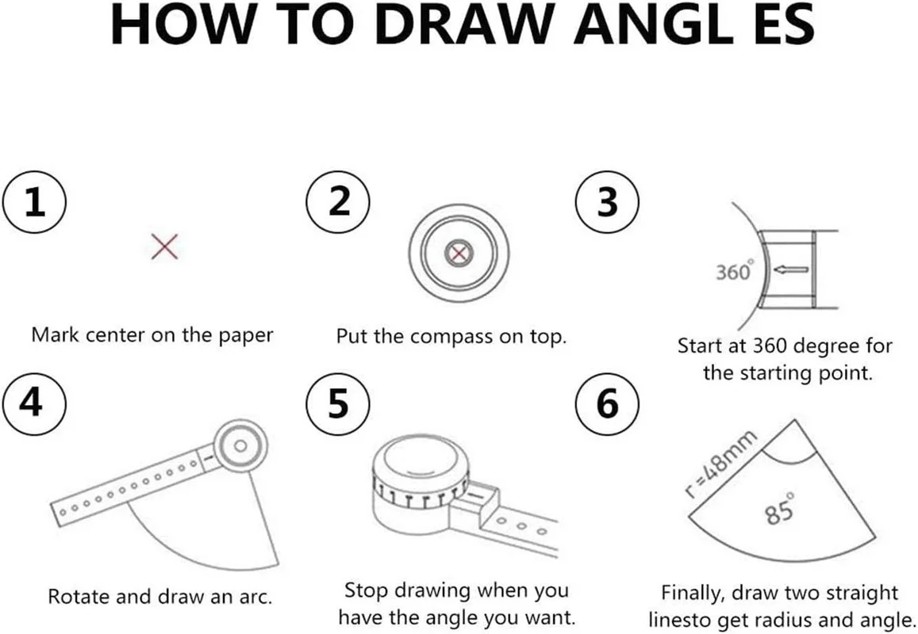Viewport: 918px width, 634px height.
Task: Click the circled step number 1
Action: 35,202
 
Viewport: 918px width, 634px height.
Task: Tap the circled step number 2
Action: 338,202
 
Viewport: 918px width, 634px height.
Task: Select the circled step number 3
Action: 607,202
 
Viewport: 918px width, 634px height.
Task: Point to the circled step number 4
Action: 35,403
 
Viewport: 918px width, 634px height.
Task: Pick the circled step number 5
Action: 338,403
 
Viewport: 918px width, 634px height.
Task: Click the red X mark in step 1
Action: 164,246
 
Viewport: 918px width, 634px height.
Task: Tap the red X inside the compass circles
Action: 459,254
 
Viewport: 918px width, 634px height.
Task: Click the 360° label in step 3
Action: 734,271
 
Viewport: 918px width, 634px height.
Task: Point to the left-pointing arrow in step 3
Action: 791,269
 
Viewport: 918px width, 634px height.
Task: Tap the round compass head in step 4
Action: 240,446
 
